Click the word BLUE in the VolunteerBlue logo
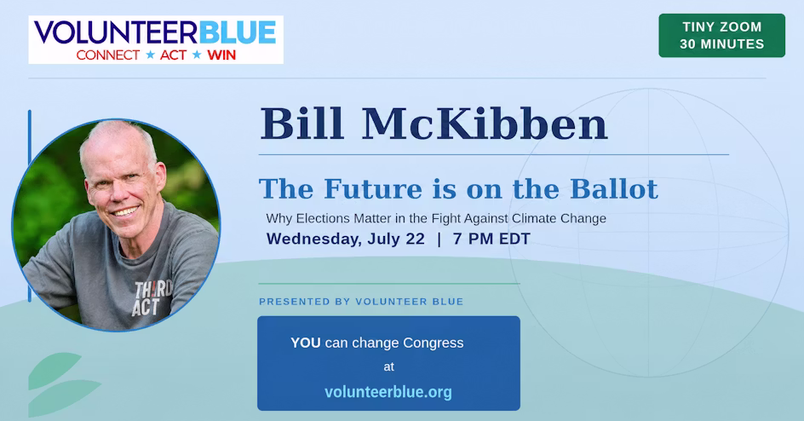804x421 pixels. pos(238,33)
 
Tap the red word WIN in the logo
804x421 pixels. pos(221,55)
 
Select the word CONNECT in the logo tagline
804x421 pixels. pos(108,55)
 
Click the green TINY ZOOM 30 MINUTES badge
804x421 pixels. pos(721,36)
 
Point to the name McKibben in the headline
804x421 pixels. pos(485,124)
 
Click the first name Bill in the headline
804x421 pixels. pos(301,124)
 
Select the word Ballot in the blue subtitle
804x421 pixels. pos(614,188)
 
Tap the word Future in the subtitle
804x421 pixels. pos(373,188)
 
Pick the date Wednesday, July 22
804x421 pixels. pos(346,239)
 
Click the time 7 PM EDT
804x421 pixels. pos(491,239)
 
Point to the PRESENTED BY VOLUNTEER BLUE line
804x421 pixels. pos(361,302)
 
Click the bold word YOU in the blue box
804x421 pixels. pos(306,343)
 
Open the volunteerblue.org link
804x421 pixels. pos(388,392)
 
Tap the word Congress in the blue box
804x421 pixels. pos(434,343)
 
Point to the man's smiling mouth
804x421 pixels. pos(125,210)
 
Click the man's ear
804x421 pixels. pos(160,176)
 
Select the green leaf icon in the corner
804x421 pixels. pos(61,384)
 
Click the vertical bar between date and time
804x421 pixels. pos(439,239)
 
